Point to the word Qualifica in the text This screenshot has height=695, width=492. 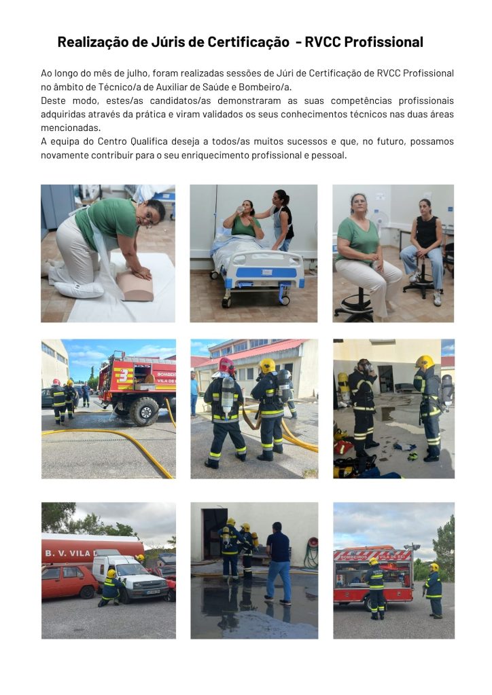[149, 142]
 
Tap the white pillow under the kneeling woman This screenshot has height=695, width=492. [79, 290]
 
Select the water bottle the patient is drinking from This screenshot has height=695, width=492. [241, 209]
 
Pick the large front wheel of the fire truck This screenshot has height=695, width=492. [144, 411]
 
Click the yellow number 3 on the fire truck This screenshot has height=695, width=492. [123, 375]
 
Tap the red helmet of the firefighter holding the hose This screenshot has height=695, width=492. [226, 366]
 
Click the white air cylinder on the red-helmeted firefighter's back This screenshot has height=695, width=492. [227, 396]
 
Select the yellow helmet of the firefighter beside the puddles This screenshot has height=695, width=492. [424, 362]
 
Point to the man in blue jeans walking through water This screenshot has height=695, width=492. [279, 563]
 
